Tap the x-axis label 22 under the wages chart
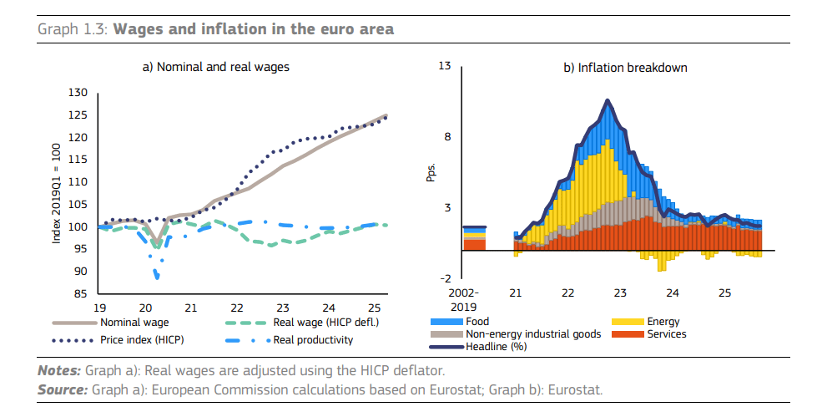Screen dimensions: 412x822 236,307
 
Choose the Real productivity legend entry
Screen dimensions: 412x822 313,340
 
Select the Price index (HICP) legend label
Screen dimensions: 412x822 142,340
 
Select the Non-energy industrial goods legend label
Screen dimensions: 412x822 533,334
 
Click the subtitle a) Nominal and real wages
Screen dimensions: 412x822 217,67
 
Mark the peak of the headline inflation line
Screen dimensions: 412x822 608,100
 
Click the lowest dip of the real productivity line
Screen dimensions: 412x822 156,277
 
